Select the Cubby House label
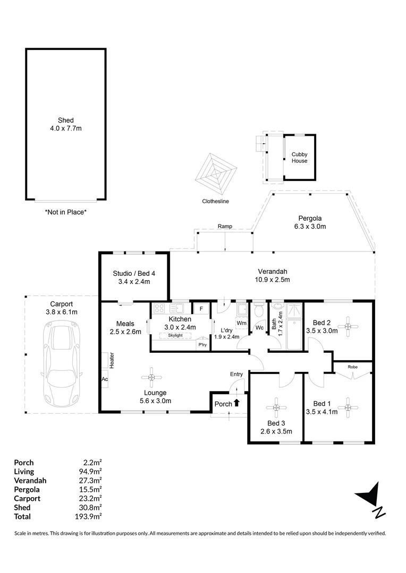(299, 158)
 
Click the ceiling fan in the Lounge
(151, 377)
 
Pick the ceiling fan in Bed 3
(277, 407)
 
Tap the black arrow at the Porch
(236, 403)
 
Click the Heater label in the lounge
(112, 361)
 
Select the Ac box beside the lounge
(104, 379)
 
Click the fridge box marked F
(201, 309)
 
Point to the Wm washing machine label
(242, 323)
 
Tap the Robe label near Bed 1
(352, 367)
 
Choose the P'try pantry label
(202, 345)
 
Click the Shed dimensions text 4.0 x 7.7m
(66, 128)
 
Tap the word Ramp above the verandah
(225, 227)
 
